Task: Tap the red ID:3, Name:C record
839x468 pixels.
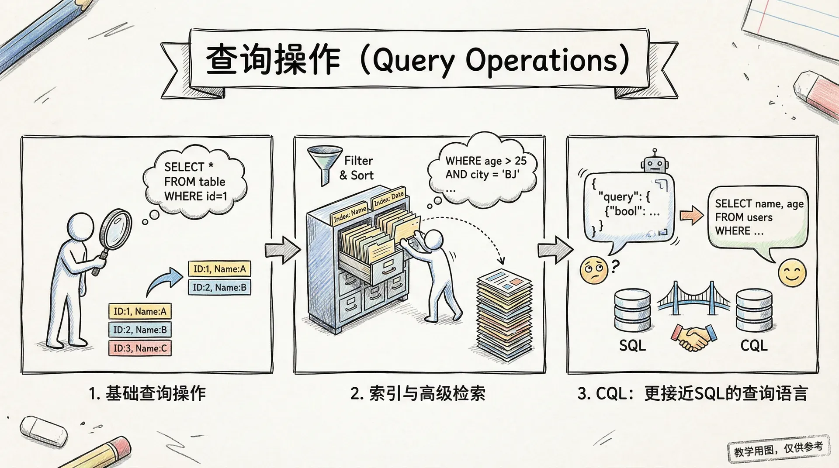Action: click(140, 348)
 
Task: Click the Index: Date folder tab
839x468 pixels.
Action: click(388, 199)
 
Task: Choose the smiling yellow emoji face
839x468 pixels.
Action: click(792, 273)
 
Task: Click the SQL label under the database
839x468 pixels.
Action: click(632, 346)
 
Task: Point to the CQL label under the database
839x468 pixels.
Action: click(754, 346)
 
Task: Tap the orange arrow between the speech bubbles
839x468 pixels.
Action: click(691, 215)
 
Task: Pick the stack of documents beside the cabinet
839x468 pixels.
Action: click(504, 314)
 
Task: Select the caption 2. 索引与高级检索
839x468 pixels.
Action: click(418, 393)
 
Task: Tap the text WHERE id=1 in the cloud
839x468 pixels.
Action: click(196, 196)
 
